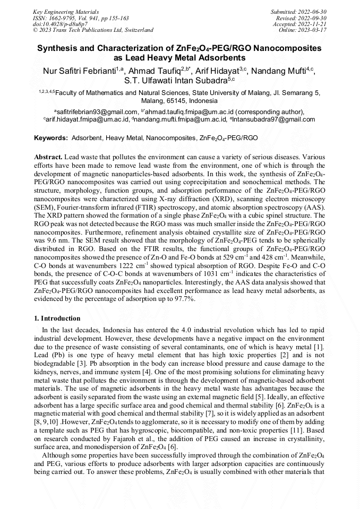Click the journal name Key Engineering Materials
pyautogui.click(x=66, y=11)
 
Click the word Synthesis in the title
pyautogui.click(x=58, y=49)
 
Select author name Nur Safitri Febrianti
pyautogui.click(x=79, y=71)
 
